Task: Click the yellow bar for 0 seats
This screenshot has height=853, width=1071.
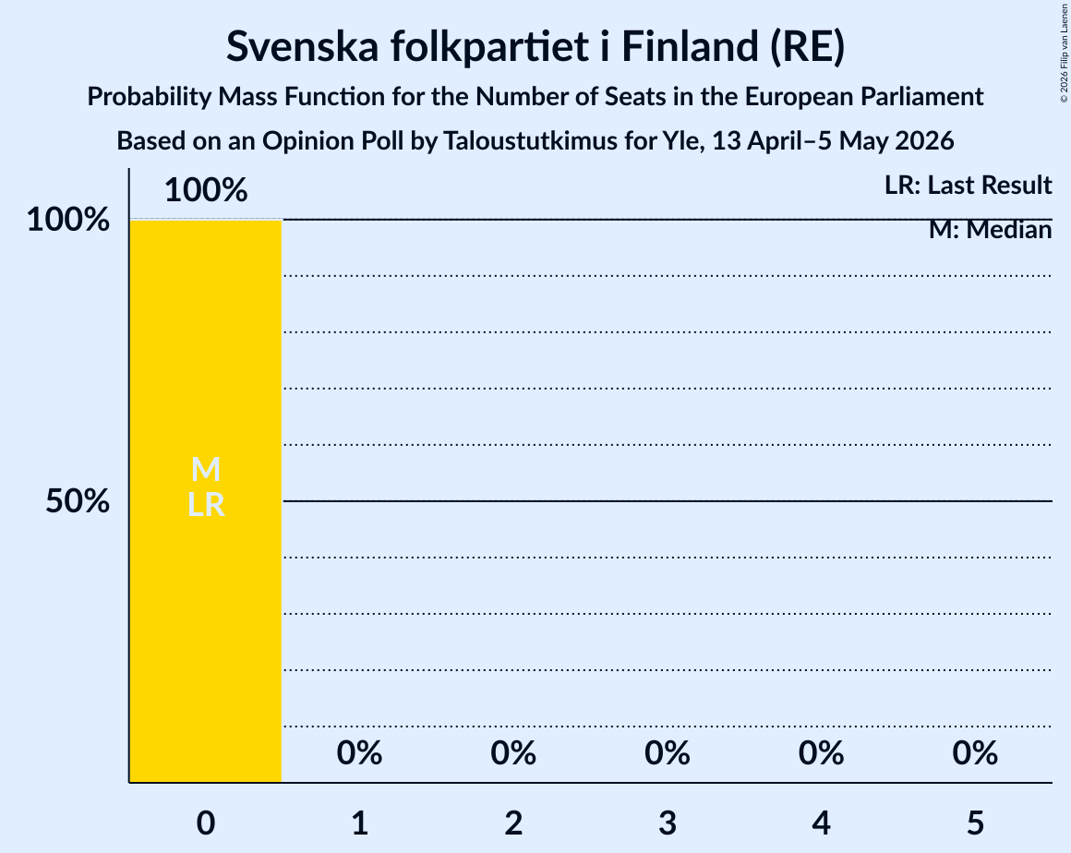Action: pos(206,501)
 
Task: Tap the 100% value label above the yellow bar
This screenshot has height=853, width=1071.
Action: pos(206,190)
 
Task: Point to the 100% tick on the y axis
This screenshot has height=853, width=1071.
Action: pos(68,220)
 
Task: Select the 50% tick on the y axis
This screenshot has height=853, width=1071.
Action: pos(78,501)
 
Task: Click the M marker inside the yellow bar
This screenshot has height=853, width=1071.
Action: pos(206,469)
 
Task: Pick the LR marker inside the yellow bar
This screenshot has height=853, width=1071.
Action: pos(206,505)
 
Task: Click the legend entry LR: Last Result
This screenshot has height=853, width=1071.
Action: pos(968,185)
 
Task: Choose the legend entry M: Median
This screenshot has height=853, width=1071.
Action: pos(990,230)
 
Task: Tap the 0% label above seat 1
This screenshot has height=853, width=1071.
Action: pos(359,753)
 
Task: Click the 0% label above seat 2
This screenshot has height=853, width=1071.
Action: pos(513,753)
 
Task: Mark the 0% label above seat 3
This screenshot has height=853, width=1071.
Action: pos(668,753)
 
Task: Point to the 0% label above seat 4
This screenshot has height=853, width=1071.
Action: pos(821,753)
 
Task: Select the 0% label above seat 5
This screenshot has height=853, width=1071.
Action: pos(975,753)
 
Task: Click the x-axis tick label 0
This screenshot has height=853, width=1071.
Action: pos(206,823)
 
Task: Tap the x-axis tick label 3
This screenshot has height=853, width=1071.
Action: pos(668,823)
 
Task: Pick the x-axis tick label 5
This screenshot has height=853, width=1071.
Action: pos(975,823)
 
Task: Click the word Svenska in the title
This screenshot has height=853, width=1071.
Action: pos(303,46)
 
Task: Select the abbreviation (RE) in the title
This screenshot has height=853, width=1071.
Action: pos(807,47)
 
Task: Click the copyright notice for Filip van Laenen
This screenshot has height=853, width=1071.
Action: pos(1065,54)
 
